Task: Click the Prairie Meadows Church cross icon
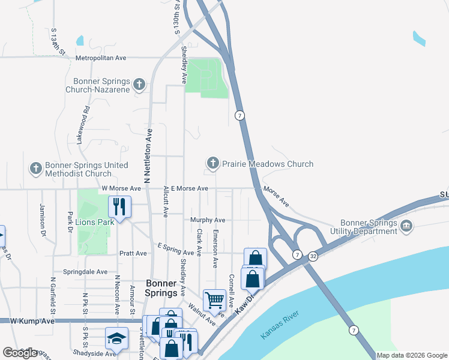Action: tap(212, 163)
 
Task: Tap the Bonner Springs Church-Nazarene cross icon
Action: tap(139, 85)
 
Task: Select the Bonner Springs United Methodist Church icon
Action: tap(36, 169)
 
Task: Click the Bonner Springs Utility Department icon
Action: tap(407, 226)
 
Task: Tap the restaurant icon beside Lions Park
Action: tap(119, 207)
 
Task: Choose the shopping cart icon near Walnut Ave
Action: tap(214, 300)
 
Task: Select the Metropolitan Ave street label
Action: tap(101, 58)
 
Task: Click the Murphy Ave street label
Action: tap(208, 220)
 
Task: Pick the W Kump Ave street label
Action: tap(33, 322)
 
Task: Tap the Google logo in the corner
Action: tap(20, 353)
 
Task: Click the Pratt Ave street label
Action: tap(133, 253)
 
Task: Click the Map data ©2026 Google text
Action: tap(412, 355)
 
